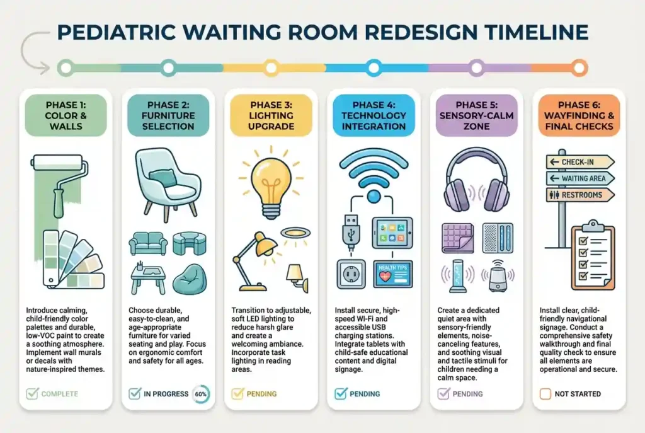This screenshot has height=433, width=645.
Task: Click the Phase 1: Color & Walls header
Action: coord(66,116)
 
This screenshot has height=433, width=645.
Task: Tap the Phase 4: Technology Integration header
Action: coord(374,116)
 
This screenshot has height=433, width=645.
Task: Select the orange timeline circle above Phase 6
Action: coord(579,68)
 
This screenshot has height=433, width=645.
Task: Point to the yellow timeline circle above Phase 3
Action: coord(271,68)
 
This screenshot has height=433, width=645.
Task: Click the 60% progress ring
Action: coord(201,394)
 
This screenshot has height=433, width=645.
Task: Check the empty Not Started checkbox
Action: coord(545,394)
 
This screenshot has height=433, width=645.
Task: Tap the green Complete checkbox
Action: coord(32,393)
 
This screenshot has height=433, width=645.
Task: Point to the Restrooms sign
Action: coord(580,195)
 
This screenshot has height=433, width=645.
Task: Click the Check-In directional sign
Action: coord(580,162)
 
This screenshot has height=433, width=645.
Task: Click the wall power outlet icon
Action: coord(351,274)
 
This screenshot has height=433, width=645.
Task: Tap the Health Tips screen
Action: coord(393,274)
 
